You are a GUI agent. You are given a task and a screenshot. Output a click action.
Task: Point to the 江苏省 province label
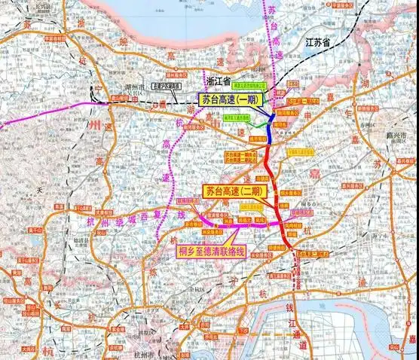coord(317,44)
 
